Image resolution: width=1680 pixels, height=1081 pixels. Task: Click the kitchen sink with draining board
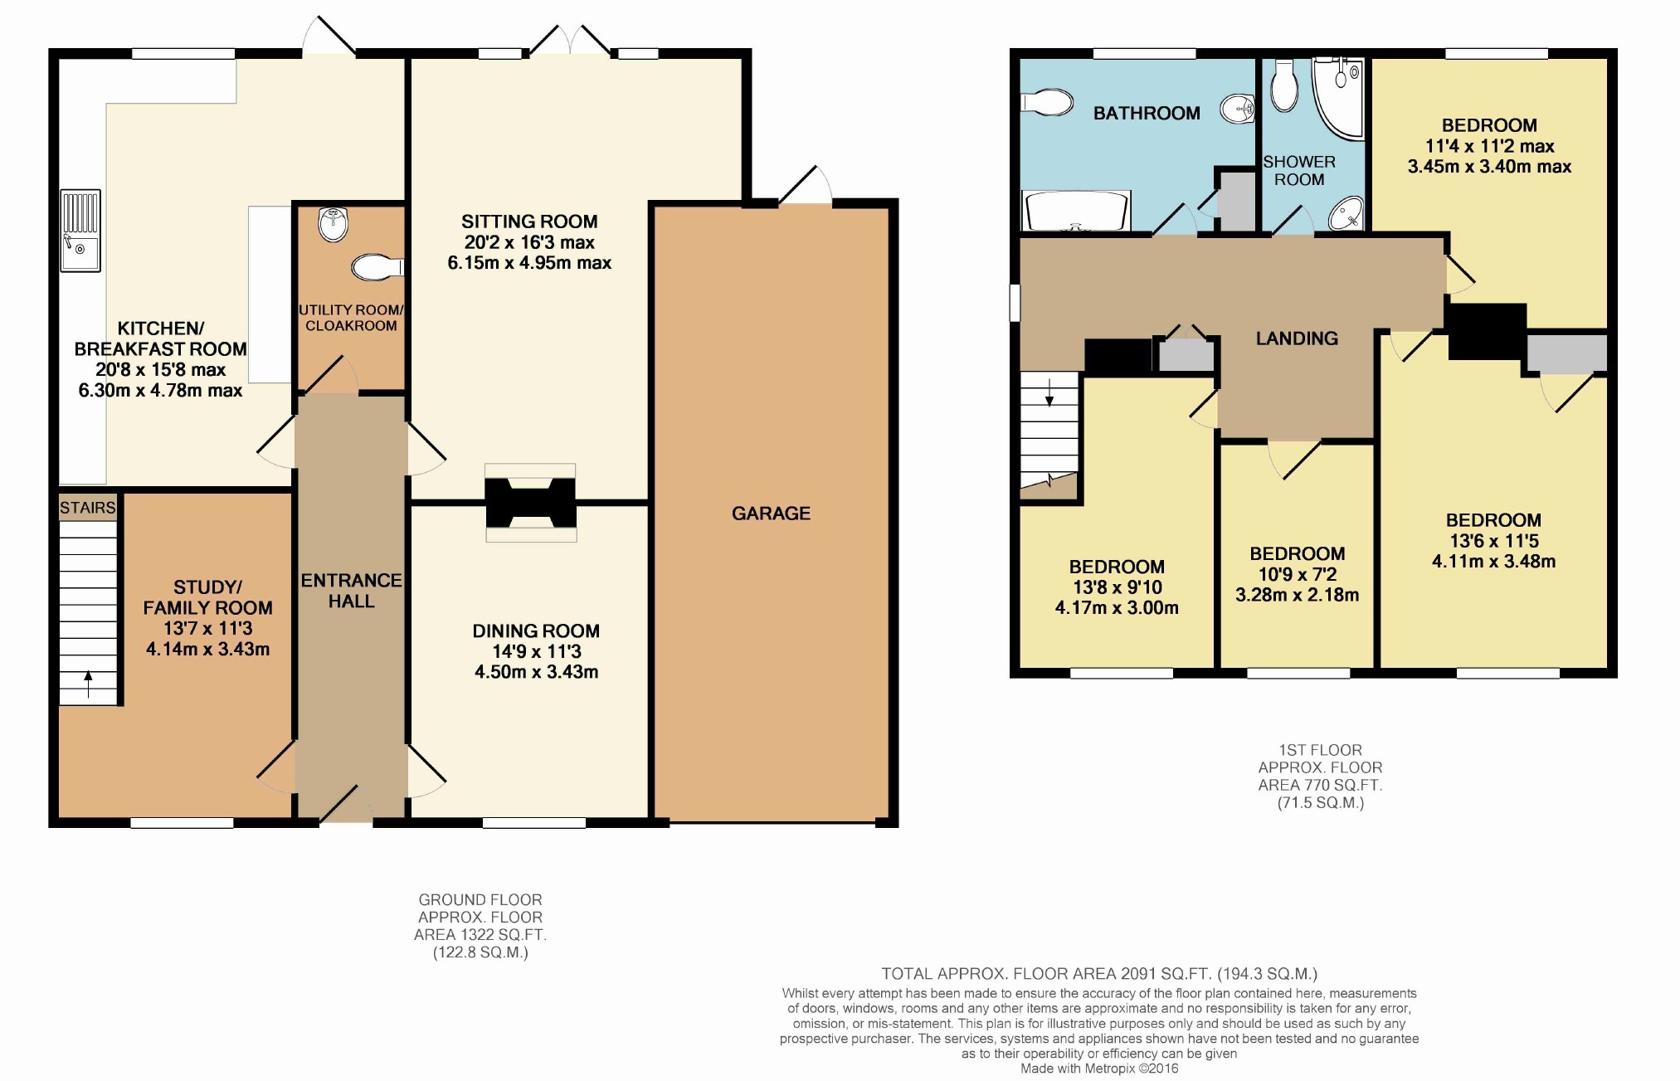point(80,231)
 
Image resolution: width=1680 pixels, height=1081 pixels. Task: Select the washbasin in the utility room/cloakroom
point(334,224)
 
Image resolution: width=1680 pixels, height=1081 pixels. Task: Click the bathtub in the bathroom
point(1077,211)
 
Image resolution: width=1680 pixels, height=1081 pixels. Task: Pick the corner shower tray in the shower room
point(1338,97)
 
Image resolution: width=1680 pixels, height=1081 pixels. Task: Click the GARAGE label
point(771,514)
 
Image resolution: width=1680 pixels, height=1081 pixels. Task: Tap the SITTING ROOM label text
point(529,222)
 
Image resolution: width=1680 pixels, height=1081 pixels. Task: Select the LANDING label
point(1297,338)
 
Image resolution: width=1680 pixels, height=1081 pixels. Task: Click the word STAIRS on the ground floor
point(87,508)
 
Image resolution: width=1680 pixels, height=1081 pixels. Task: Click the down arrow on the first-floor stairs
point(1049,392)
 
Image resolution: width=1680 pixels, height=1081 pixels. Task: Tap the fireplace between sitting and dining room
point(531,503)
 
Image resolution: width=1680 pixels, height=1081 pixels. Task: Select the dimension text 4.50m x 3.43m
point(536,672)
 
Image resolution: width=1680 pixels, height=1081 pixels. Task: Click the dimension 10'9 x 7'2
point(1298,574)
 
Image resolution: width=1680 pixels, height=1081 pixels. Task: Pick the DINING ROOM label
point(536,631)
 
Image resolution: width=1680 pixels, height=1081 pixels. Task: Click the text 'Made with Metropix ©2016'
point(1099,1069)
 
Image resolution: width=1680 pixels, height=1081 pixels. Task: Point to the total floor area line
point(1099,974)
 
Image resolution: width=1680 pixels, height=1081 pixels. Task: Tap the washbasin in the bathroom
point(1237,108)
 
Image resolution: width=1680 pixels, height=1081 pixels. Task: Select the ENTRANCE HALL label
point(351,591)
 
